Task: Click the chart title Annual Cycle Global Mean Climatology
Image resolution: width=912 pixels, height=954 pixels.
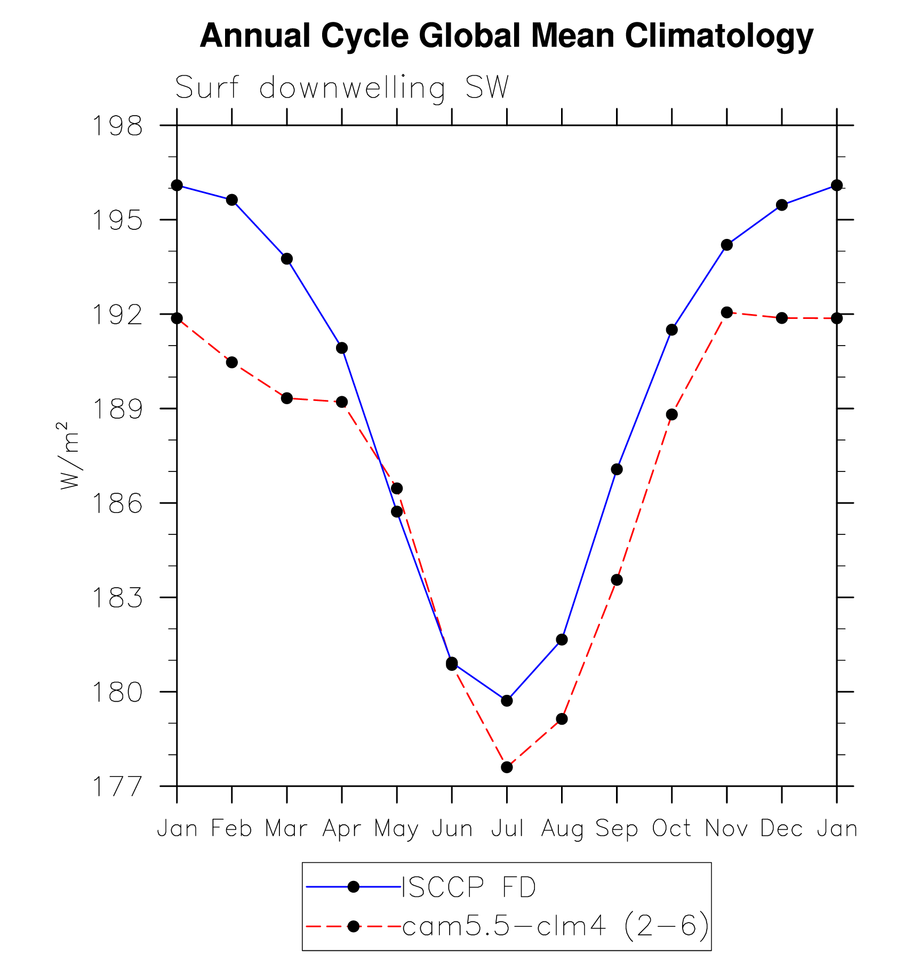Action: [506, 36]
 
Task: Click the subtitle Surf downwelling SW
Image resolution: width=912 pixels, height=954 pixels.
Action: [342, 88]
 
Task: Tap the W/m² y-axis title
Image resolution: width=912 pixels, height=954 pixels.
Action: [69, 455]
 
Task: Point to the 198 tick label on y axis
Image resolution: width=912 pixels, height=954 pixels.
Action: [118, 126]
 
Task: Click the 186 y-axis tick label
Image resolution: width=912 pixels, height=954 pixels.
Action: [118, 503]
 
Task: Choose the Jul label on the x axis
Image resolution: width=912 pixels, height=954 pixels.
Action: [507, 829]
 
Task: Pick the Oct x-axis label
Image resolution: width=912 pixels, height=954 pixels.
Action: [671, 829]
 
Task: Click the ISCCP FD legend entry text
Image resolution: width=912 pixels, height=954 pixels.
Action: [469, 887]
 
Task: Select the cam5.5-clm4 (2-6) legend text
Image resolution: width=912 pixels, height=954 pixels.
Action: [555, 926]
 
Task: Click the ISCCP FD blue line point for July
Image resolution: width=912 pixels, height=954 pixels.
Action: [507, 701]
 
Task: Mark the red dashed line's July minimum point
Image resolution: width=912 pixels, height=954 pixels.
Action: [507, 767]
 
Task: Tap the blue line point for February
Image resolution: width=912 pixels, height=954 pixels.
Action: [232, 200]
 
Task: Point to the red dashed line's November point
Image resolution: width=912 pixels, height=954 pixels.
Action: [726, 312]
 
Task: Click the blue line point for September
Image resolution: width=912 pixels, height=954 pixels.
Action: [617, 469]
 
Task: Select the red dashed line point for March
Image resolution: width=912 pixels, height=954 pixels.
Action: [287, 398]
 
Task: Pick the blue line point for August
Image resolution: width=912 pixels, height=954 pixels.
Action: [562, 639]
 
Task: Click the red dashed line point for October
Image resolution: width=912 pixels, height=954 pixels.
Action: [671, 414]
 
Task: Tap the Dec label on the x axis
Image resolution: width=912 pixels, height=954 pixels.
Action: [781, 829]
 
